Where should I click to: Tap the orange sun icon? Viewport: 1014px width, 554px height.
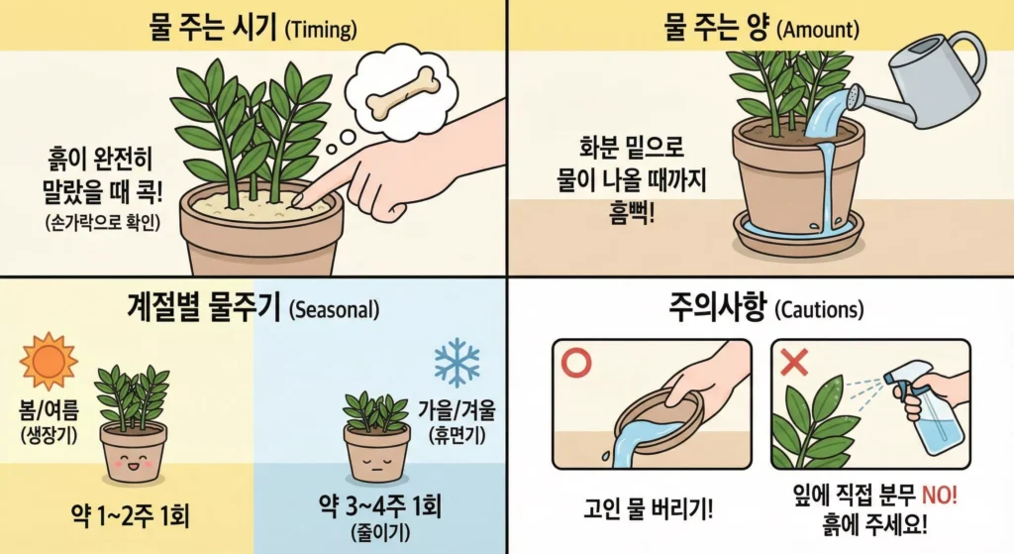(48, 362)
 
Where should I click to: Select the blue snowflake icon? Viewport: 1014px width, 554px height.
(456, 364)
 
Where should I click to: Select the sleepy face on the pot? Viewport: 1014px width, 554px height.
(376, 461)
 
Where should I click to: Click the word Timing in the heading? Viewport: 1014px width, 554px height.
(319, 30)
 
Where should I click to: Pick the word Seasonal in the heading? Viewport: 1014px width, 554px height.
(335, 309)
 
